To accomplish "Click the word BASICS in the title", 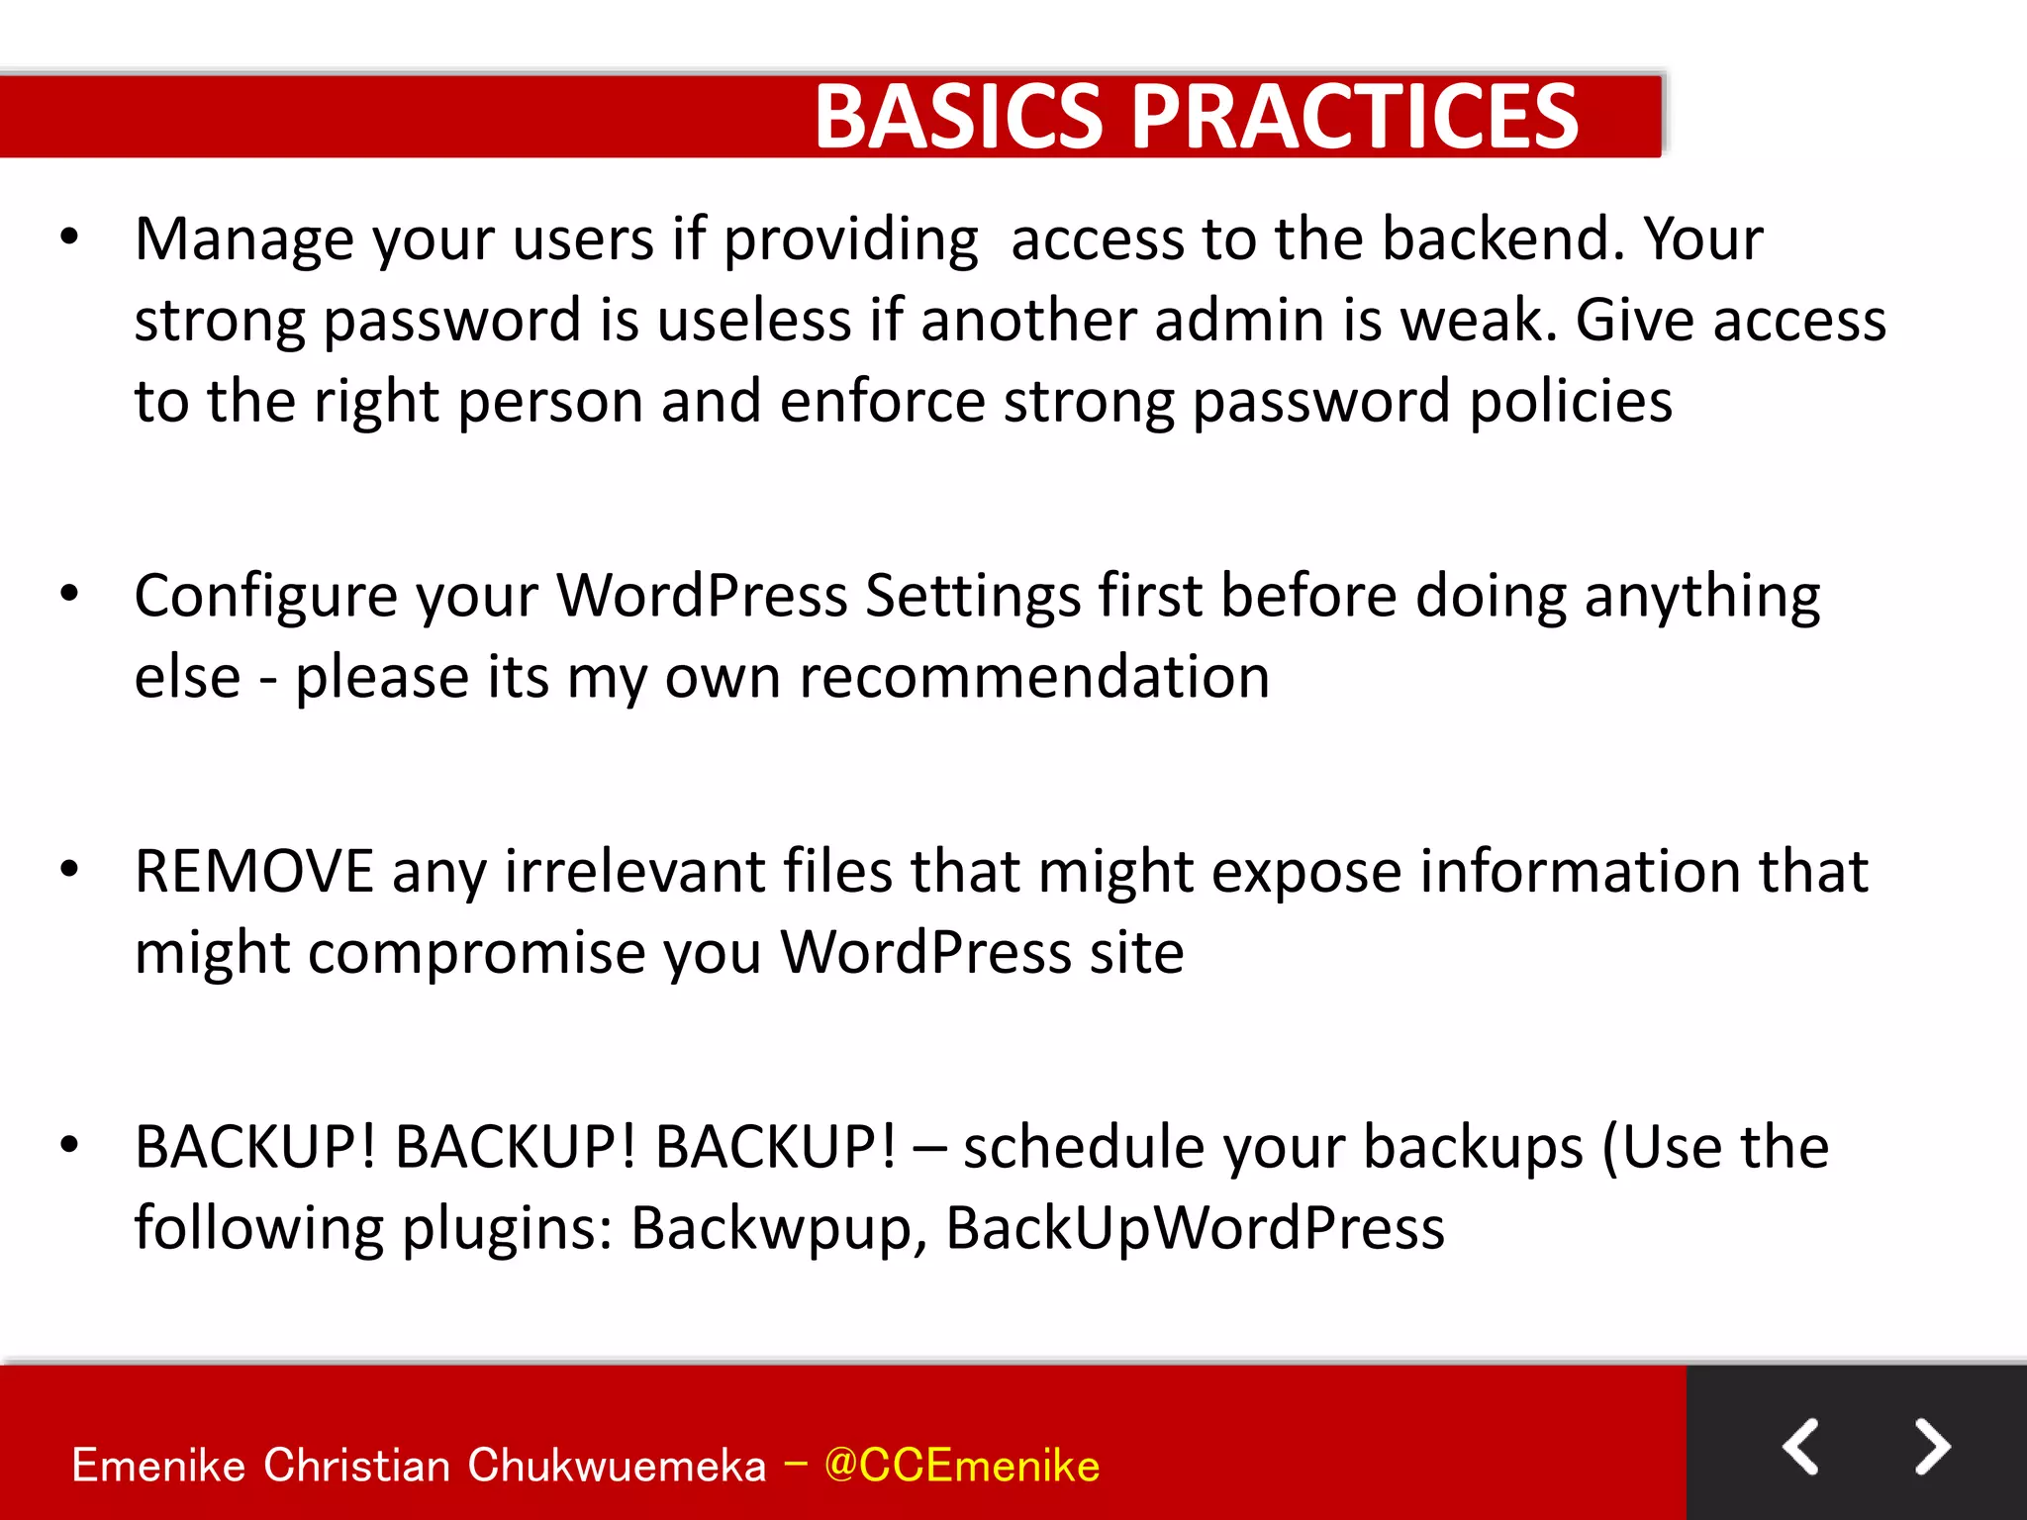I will coord(957,117).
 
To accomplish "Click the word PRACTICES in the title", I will coord(1354,117).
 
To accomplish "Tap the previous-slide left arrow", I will coord(1801,1447).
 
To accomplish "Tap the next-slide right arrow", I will coord(1932,1447).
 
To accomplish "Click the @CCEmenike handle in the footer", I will coord(961,1466).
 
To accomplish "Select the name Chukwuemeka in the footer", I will coord(617,1466).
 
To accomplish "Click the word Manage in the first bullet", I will coord(243,239).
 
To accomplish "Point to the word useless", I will coord(754,321).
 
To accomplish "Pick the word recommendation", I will coord(1034,678).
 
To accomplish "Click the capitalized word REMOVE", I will coord(254,872).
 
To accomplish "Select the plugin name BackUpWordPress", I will coord(1195,1229).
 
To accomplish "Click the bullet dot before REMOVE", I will coord(69,870).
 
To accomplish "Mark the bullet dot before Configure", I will coord(69,594).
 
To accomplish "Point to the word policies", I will coord(1571,402).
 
